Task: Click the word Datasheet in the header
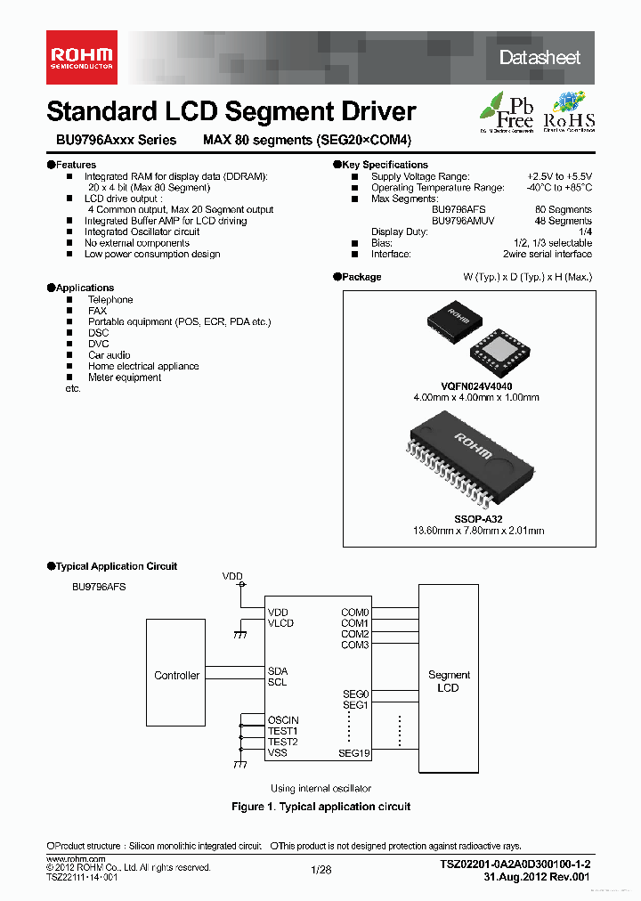pos(540,58)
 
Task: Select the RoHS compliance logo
pos(569,111)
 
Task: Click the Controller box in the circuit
pos(176,676)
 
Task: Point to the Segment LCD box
pos(448,681)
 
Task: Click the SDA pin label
pos(278,670)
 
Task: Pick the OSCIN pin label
pos(283,720)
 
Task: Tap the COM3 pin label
pos(354,645)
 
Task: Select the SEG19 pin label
pos(353,753)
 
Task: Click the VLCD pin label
pos(280,623)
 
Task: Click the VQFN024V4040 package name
pos(476,386)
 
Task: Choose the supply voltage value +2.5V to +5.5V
pos(559,176)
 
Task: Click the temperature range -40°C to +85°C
pos(558,188)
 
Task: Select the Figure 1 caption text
pos(320,807)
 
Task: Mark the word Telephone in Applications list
pos(110,300)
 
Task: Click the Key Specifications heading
pos(385,165)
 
